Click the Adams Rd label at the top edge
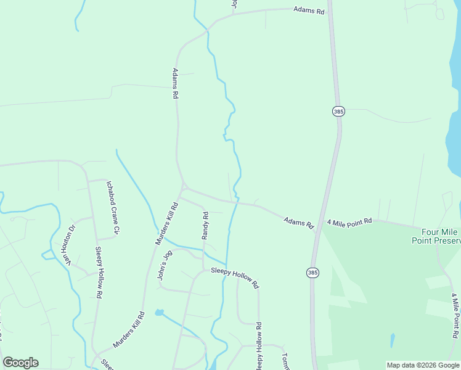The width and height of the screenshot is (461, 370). [x=309, y=10]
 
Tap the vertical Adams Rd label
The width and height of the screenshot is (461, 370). [x=175, y=84]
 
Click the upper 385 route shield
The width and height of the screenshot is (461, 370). [x=338, y=112]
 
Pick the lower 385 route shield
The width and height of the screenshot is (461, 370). [x=312, y=273]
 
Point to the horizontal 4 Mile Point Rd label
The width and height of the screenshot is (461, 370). [x=349, y=221]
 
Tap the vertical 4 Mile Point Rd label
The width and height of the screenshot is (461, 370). [x=455, y=316]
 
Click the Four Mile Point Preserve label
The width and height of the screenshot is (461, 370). [x=436, y=236]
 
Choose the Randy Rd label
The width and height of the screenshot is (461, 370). [x=206, y=225]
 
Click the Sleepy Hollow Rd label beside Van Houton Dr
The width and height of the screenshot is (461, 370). [x=98, y=269]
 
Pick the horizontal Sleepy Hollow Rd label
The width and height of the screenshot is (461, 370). [x=235, y=278]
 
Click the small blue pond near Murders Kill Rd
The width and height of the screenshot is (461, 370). [x=160, y=313]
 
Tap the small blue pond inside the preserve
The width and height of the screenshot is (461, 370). [x=392, y=340]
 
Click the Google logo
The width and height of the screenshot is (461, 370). [x=20, y=363]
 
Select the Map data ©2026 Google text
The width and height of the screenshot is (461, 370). [x=422, y=365]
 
